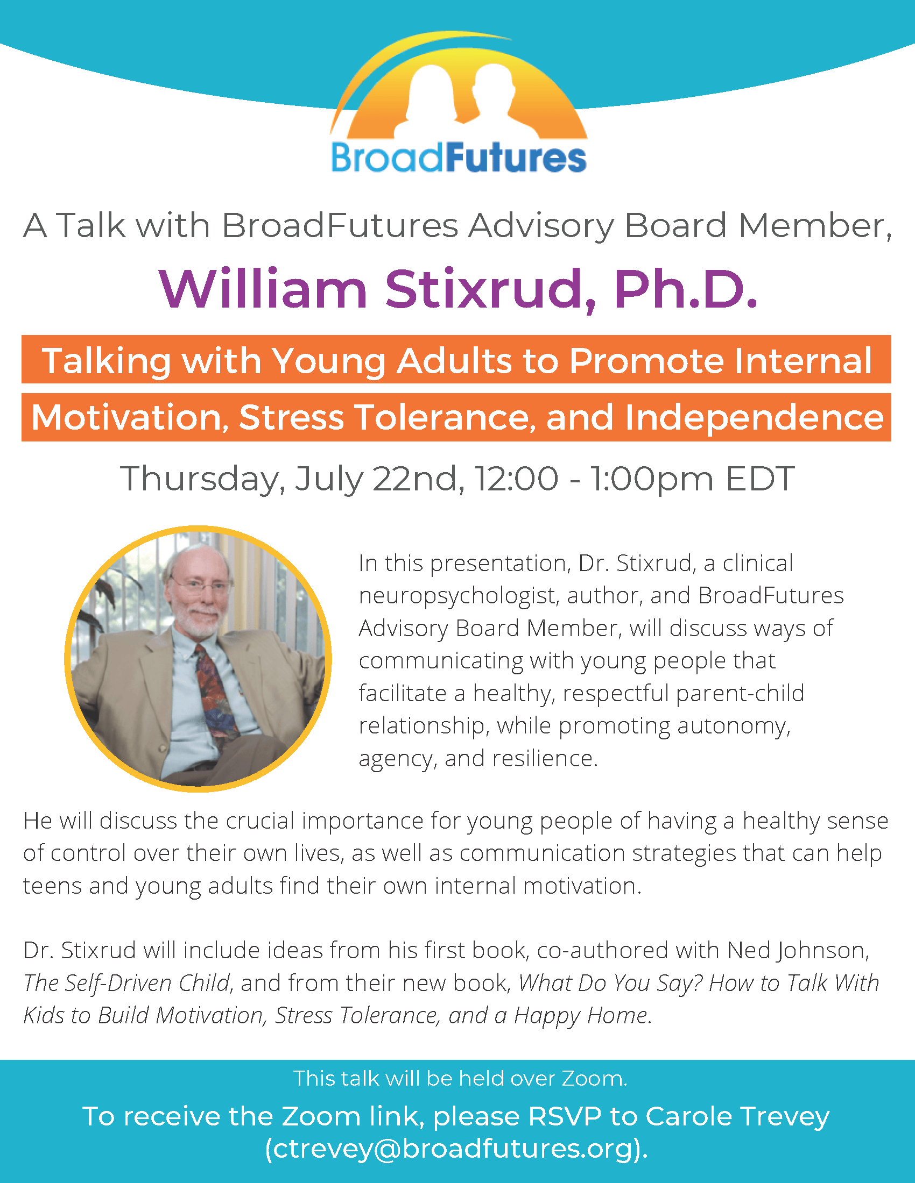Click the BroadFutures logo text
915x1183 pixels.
click(459, 158)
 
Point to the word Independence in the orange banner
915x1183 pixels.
click(754, 417)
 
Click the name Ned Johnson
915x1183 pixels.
click(798, 951)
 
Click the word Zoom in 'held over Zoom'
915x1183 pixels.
click(594, 1079)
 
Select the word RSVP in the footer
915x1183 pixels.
click(565, 1116)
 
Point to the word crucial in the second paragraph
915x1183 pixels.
click(261, 821)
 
